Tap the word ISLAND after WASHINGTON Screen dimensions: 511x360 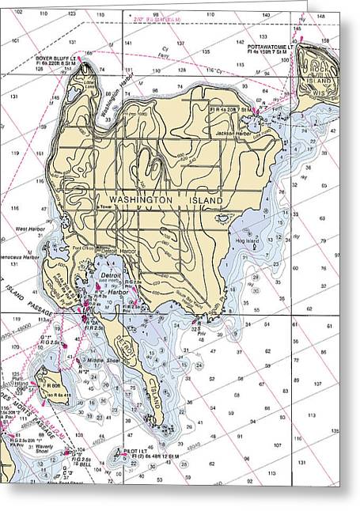(210, 202)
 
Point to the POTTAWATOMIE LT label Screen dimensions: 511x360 (270, 47)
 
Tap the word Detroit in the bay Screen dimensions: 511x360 (111, 274)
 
